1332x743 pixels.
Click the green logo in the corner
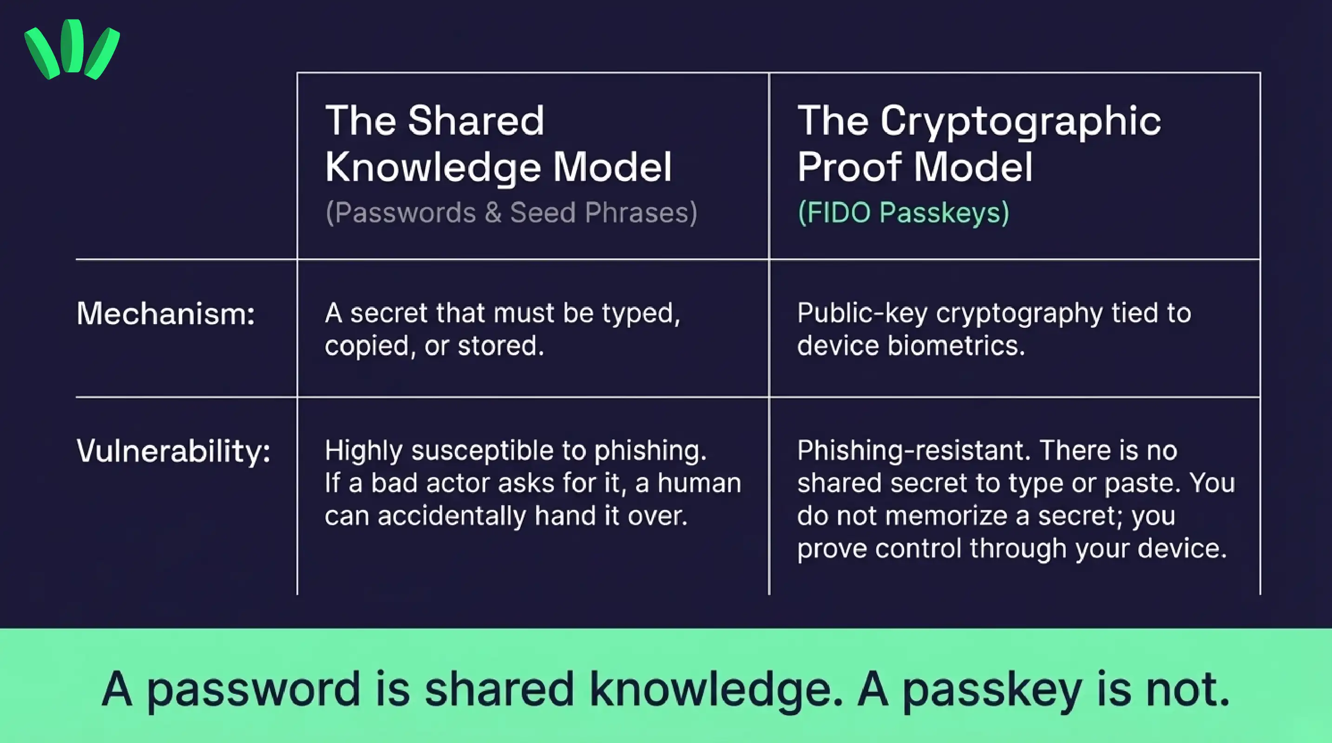click(72, 49)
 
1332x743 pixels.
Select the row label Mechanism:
click(165, 313)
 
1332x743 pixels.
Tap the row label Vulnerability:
click(173, 451)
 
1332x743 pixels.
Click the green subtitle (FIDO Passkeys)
click(903, 212)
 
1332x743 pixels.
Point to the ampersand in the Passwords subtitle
click(493, 212)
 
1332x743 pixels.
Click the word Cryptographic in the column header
click(1020, 121)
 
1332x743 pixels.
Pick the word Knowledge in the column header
click(433, 168)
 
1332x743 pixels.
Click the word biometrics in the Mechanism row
click(956, 345)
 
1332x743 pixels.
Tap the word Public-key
click(862, 313)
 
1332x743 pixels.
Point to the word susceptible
click(482, 451)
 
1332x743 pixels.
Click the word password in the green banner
click(253, 690)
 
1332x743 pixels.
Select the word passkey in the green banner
click(992, 690)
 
